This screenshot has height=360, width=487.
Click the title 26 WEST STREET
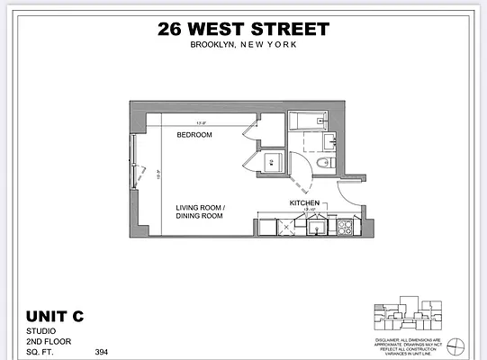click(x=243, y=29)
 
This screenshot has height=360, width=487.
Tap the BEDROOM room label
click(x=194, y=135)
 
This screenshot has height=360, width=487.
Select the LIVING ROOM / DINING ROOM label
click(x=200, y=211)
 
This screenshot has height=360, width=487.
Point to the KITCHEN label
click(x=303, y=204)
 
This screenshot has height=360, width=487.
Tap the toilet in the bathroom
click(x=328, y=162)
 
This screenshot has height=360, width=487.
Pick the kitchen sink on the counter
click(x=316, y=227)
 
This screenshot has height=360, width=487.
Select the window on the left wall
click(x=134, y=162)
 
